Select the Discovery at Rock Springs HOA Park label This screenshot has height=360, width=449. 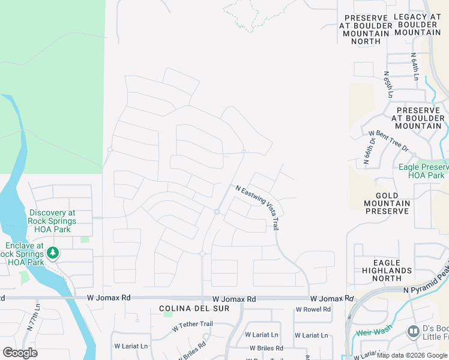(x=52, y=221)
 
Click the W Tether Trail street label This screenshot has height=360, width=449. (x=192, y=324)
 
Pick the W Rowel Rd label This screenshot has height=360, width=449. (x=313, y=310)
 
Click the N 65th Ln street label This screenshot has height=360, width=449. (x=388, y=85)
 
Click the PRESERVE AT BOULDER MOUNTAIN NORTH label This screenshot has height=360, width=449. (x=364, y=29)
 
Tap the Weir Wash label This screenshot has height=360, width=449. (x=375, y=332)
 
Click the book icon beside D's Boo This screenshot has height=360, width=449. (x=413, y=331)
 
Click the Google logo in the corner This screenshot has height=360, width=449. (x=20, y=352)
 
